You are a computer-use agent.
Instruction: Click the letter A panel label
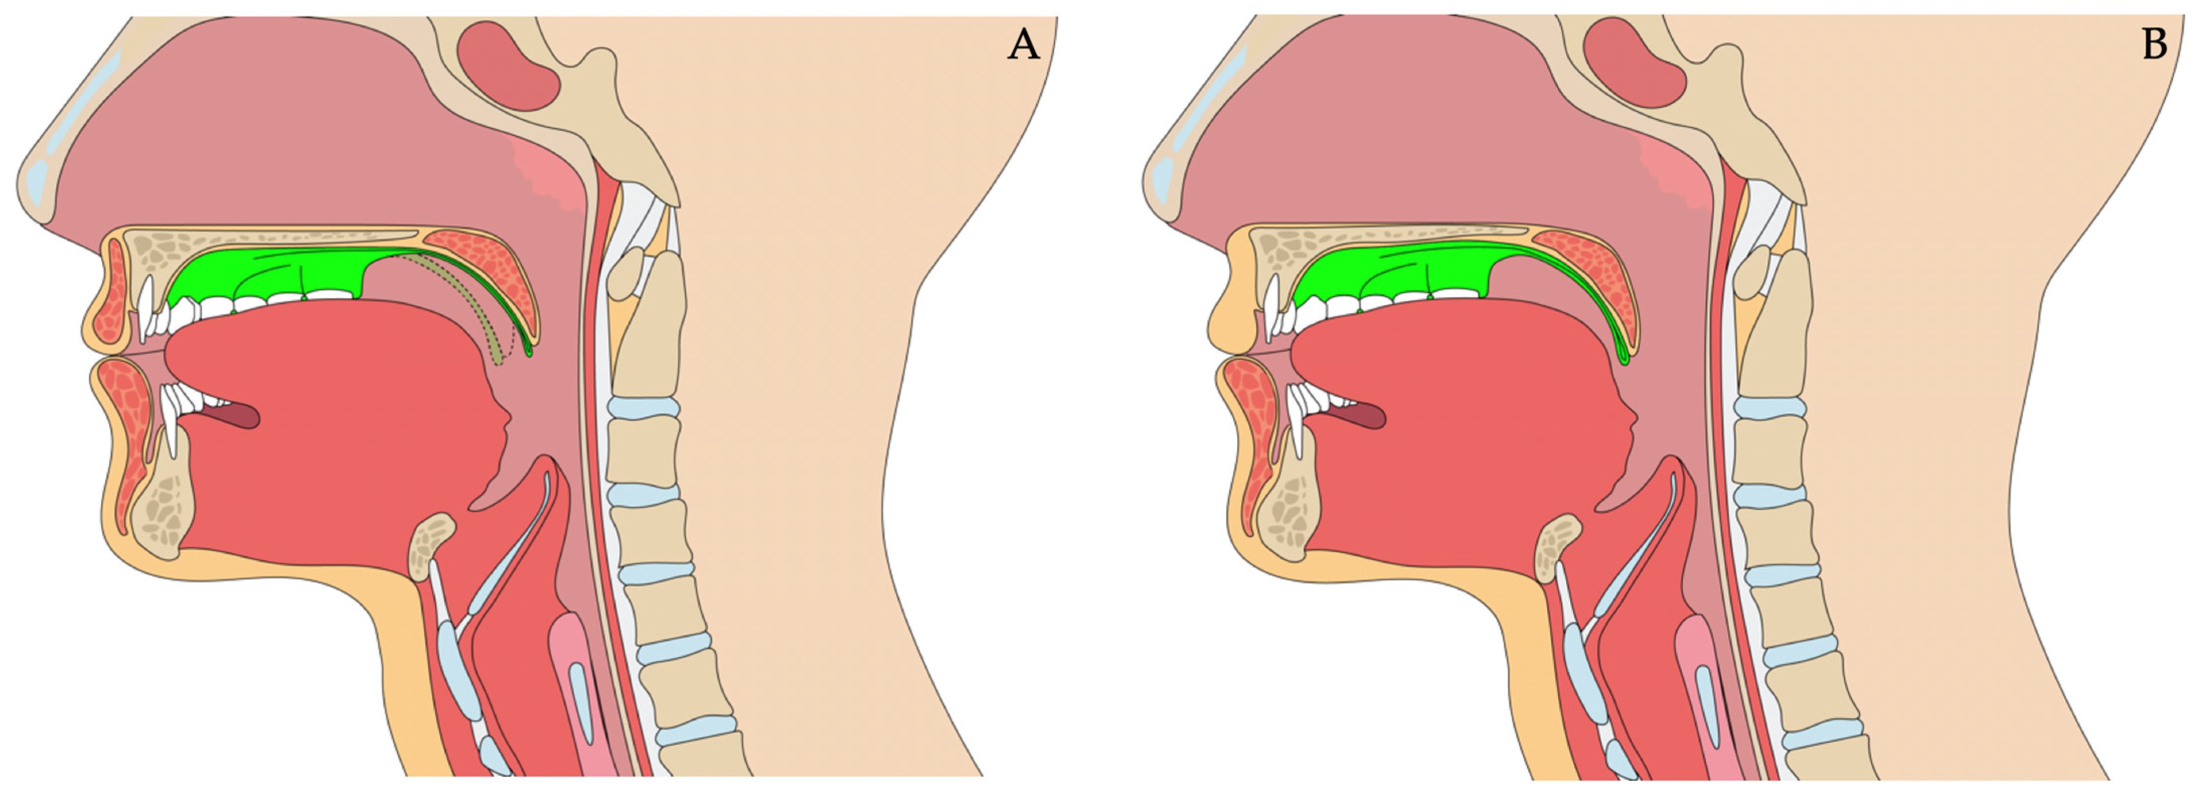(1023, 44)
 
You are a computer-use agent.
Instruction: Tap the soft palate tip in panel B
(1627, 355)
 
